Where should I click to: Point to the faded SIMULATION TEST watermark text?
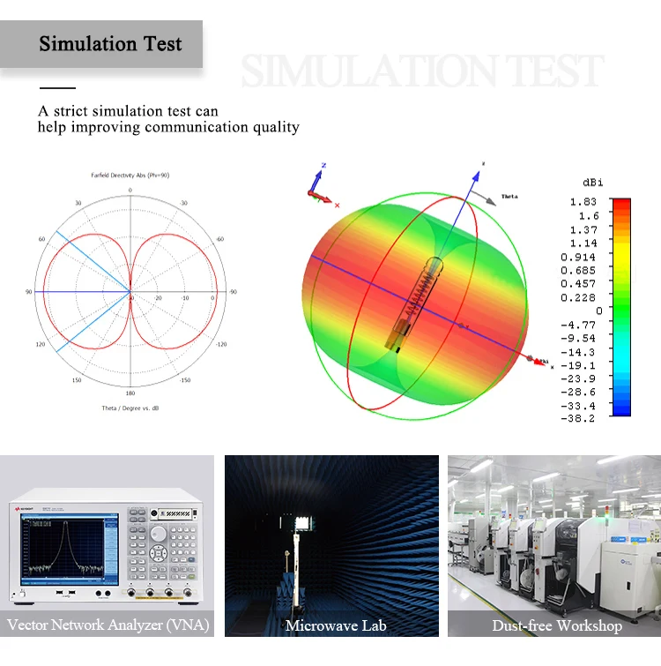click(x=422, y=71)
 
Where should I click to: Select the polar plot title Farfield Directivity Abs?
click(x=130, y=176)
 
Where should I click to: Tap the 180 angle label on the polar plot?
click(x=130, y=393)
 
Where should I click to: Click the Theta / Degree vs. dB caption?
click(x=130, y=408)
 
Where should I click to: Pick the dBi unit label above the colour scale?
click(x=593, y=182)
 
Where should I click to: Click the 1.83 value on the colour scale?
click(x=583, y=202)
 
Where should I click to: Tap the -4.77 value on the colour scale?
click(x=582, y=325)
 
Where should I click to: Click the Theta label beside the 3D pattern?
click(x=509, y=196)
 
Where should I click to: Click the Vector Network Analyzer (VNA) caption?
click(x=108, y=625)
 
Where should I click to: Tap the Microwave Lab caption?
click(x=331, y=625)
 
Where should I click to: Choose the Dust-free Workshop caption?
click(x=556, y=625)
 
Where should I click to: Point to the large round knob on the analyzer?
click(x=158, y=533)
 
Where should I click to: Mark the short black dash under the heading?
click(x=57, y=88)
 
